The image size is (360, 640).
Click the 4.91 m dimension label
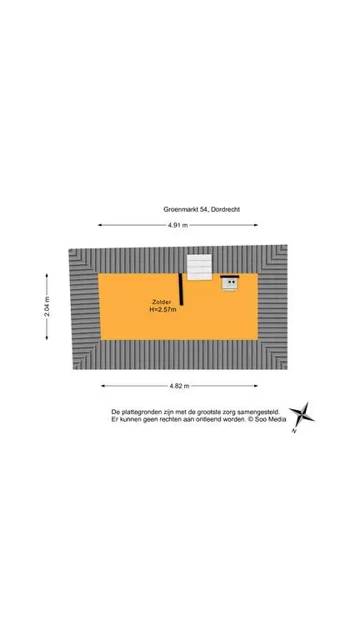coord(178,225)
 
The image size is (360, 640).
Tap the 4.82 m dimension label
coord(180,386)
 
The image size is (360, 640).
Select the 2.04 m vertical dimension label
coord(47,307)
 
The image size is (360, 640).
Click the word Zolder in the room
coord(161,302)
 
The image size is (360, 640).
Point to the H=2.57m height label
coord(162,310)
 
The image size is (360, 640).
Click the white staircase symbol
coord(200,267)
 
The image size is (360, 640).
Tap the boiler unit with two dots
coord(230,283)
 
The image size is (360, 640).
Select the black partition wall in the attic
coord(181,289)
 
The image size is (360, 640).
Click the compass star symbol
coord(302,414)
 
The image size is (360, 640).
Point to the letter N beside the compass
coord(294,431)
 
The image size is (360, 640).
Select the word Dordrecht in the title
coord(226,209)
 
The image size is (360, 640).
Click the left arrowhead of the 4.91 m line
coord(100,225)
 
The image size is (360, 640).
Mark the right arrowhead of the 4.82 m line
coord(256,386)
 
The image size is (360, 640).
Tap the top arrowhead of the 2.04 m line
coord(47,276)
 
